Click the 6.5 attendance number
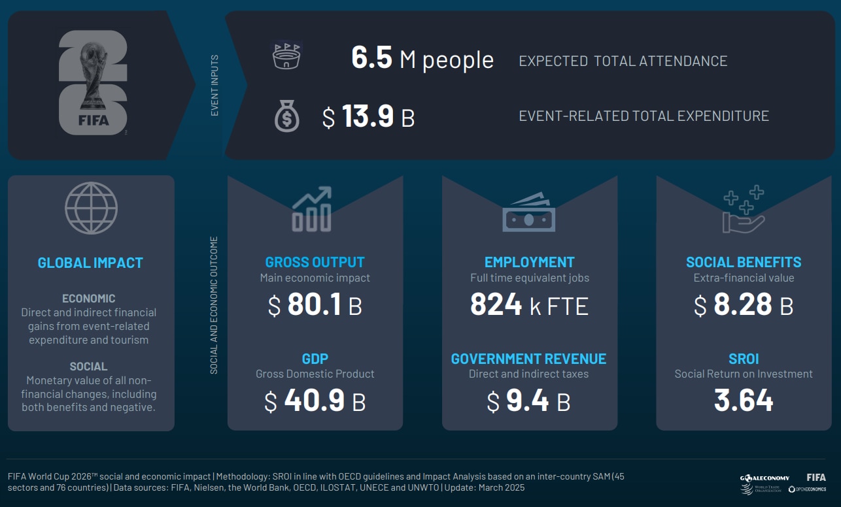tap(371, 59)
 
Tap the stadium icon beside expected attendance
tap(288, 57)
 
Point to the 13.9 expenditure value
tap(368, 117)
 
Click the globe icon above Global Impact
tap(91, 208)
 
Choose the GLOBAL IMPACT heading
tap(90, 263)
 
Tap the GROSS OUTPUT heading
tap(315, 263)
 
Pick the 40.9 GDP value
tap(314, 401)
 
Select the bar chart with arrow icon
tap(312, 209)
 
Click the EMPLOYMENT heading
tap(529, 263)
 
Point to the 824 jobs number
tap(496, 305)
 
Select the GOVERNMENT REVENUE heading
tap(528, 359)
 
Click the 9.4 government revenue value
tap(527, 401)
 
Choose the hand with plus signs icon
tap(744, 210)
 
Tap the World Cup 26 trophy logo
tap(93, 83)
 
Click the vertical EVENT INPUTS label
tap(215, 86)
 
